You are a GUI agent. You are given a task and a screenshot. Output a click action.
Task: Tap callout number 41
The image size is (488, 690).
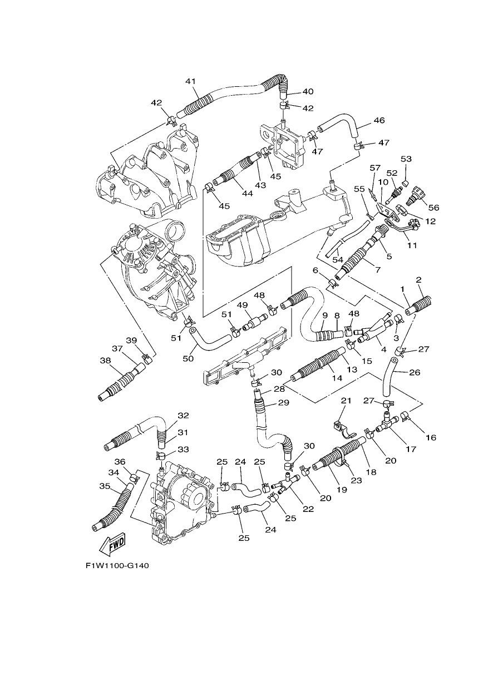pos(190,81)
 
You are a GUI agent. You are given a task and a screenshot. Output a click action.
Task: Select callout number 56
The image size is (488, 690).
pos(433,208)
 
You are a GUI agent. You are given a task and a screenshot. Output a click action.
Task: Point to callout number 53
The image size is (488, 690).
pos(406,159)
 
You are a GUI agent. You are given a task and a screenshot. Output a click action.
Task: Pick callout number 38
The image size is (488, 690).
pos(105,360)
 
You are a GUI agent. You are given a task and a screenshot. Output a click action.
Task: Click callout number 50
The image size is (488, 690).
pos(188,358)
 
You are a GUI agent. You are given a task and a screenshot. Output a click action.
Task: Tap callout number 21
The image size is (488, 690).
pos(346,401)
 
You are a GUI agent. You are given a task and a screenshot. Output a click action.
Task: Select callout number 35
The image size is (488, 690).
pos(105,486)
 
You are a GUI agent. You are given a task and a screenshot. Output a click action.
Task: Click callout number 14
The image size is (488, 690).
pos(337,378)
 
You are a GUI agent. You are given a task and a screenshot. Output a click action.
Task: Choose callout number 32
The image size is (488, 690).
pos(183,415)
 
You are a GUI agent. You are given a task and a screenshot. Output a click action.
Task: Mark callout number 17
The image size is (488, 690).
pos(411,449)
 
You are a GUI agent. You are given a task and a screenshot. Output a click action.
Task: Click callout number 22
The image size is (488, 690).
pos(308,509)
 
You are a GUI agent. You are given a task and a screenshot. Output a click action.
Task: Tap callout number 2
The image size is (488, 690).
pos(418,280)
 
